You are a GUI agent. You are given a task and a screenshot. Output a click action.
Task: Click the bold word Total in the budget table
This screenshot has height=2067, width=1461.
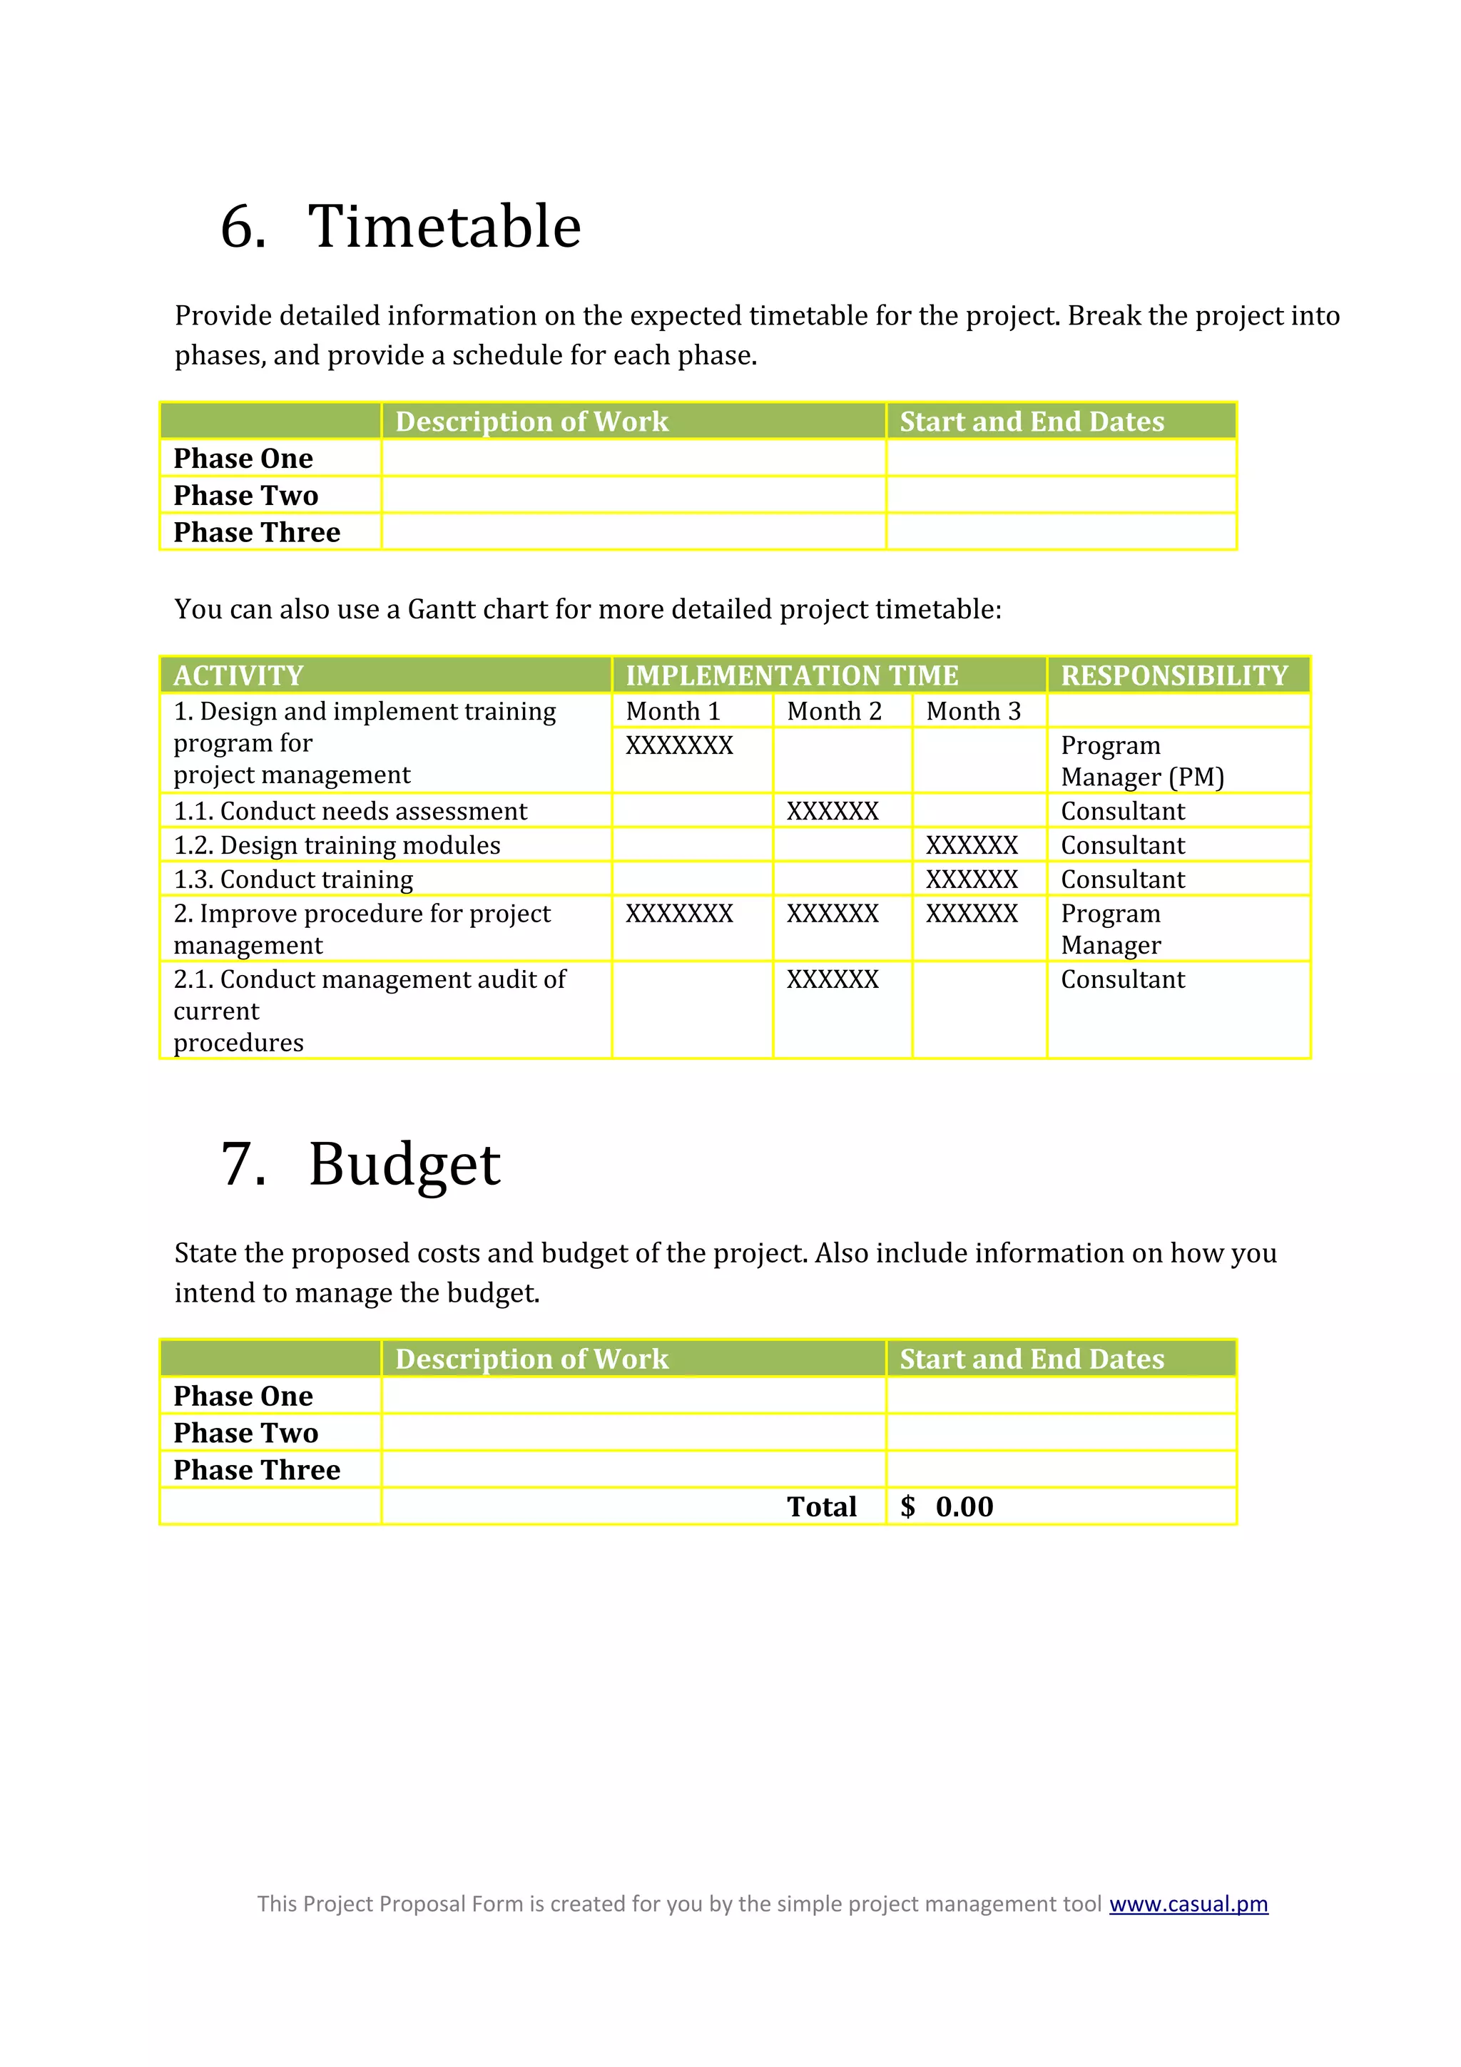pos(821,1506)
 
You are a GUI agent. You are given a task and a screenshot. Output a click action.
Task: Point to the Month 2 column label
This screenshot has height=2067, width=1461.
pos(833,711)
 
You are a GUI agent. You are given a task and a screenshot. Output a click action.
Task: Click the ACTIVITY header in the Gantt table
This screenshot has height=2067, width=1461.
pos(238,675)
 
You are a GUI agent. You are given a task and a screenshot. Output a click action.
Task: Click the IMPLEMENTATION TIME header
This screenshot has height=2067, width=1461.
pos(791,675)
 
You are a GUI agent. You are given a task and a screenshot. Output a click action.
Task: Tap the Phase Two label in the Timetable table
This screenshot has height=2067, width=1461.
pos(245,495)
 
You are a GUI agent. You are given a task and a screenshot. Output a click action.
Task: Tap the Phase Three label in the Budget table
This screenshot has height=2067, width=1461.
pos(257,1469)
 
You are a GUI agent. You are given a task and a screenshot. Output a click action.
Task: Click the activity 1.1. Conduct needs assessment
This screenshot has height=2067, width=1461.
pos(350,811)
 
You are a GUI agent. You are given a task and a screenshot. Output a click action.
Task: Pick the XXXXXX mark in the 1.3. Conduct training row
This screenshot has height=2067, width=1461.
pos(972,879)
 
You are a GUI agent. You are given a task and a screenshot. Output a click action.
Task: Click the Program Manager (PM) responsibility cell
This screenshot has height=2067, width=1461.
pos(1141,761)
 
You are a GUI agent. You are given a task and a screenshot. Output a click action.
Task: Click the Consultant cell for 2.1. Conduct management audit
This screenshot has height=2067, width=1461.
pos(1123,979)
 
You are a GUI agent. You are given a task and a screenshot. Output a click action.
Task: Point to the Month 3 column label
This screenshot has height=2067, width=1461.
pos(973,711)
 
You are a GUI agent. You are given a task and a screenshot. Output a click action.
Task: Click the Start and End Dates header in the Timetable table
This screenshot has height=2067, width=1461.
pos(1032,422)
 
